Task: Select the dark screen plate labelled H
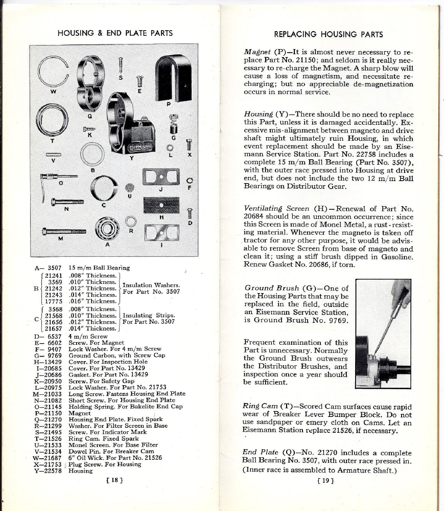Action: click(161, 205)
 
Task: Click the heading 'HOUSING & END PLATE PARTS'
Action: click(115, 34)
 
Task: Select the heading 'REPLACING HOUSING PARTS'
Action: click(328, 35)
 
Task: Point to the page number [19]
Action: click(325, 480)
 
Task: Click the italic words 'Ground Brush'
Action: click(272, 288)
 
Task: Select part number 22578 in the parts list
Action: click(52, 471)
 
